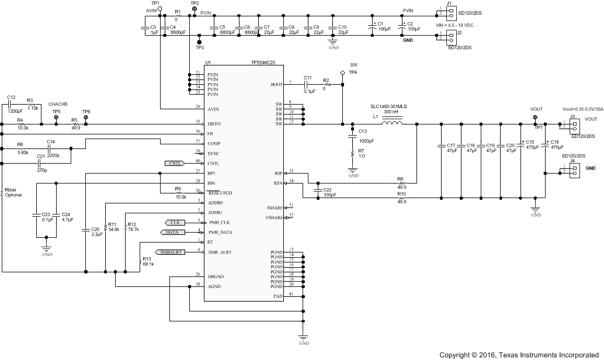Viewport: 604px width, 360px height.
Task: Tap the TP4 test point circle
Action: pyautogui.click(x=343, y=73)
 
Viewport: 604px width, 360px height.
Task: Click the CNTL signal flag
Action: pyautogui.click(x=175, y=163)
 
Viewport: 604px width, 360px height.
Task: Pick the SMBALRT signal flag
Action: pyautogui.click(x=170, y=252)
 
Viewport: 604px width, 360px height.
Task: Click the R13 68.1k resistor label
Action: pyautogui.click(x=148, y=262)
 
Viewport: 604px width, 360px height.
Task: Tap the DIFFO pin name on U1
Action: pyautogui.click(x=214, y=123)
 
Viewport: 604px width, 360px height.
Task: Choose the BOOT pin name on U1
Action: pyautogui.click(x=276, y=85)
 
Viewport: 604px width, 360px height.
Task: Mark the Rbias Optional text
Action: pyautogui.click(x=13, y=192)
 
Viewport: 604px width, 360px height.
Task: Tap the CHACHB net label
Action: pyautogui.click(x=58, y=103)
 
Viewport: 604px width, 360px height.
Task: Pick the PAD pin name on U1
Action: pyautogui.click(x=279, y=296)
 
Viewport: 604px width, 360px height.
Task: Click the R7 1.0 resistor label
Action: pyautogui.click(x=362, y=153)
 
